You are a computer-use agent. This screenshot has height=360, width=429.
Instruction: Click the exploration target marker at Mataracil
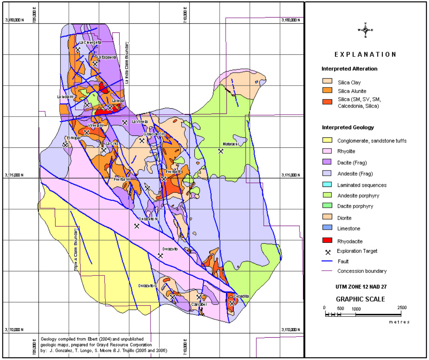coord(220,151)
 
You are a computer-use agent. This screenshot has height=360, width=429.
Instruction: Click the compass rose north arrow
coord(365,30)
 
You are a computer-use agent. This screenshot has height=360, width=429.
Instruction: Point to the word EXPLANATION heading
coord(365,54)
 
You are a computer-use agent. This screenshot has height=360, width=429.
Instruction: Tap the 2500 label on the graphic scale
coord(401,308)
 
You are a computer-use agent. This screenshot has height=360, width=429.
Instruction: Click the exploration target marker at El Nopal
coord(65,144)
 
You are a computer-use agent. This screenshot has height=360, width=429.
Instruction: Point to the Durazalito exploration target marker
coord(161,256)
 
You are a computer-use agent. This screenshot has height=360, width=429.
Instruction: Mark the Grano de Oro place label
coord(154,134)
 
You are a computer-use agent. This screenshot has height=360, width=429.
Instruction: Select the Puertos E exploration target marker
coord(163,179)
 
